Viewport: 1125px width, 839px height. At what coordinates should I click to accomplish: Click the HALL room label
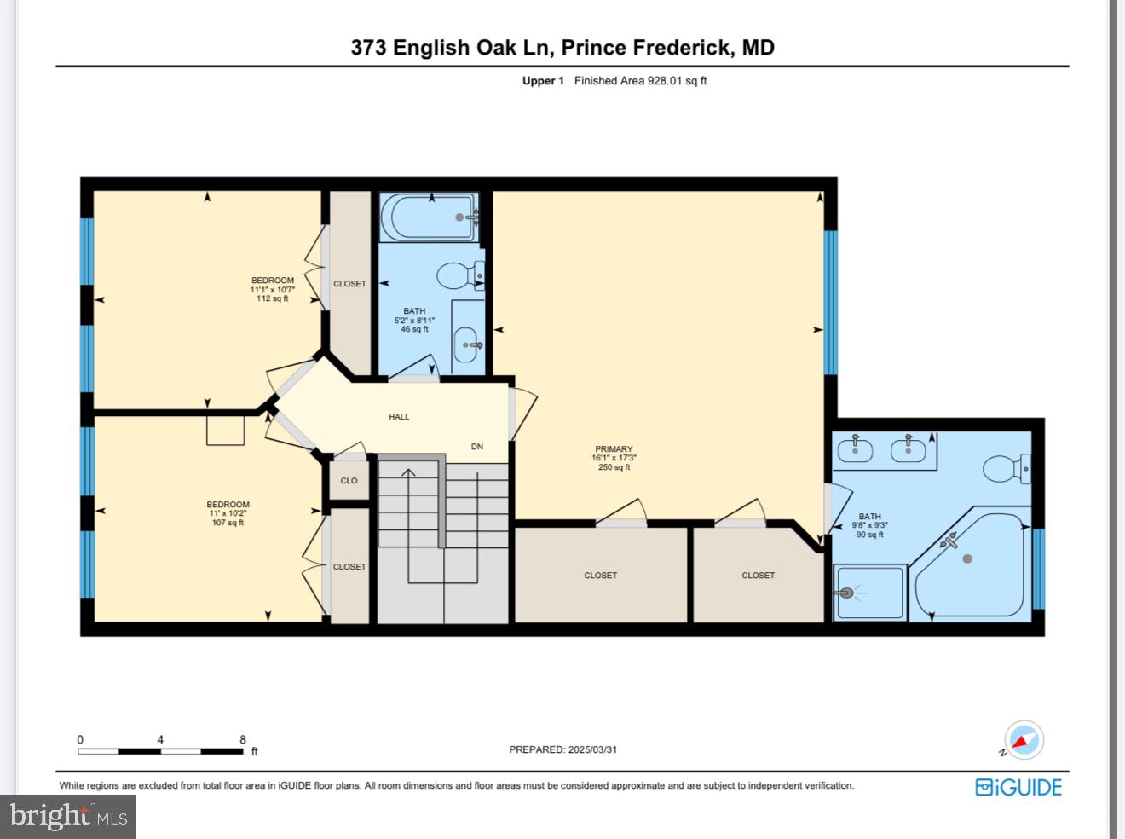click(x=399, y=417)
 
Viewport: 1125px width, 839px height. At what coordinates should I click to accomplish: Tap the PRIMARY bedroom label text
click(x=614, y=449)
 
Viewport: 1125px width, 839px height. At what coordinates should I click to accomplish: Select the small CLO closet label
click(x=349, y=481)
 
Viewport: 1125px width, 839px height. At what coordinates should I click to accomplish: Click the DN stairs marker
click(x=477, y=447)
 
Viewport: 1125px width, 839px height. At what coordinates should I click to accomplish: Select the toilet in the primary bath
click(x=1007, y=468)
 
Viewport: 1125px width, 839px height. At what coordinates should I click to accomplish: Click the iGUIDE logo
click(x=1018, y=787)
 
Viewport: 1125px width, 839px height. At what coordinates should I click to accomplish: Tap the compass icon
click(x=1024, y=739)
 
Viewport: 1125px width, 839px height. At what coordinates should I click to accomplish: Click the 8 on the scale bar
click(x=243, y=740)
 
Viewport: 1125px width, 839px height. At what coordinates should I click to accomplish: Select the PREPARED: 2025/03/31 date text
click(x=562, y=749)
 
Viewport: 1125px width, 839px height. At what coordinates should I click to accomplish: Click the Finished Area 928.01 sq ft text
click(x=640, y=81)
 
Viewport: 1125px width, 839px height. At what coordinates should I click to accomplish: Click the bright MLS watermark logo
click(x=68, y=817)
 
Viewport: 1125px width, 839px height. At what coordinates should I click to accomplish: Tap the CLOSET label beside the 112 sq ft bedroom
click(x=349, y=284)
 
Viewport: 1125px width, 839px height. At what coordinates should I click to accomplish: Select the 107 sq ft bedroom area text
click(x=228, y=523)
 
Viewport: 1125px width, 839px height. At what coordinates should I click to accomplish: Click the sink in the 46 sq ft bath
click(x=466, y=344)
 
